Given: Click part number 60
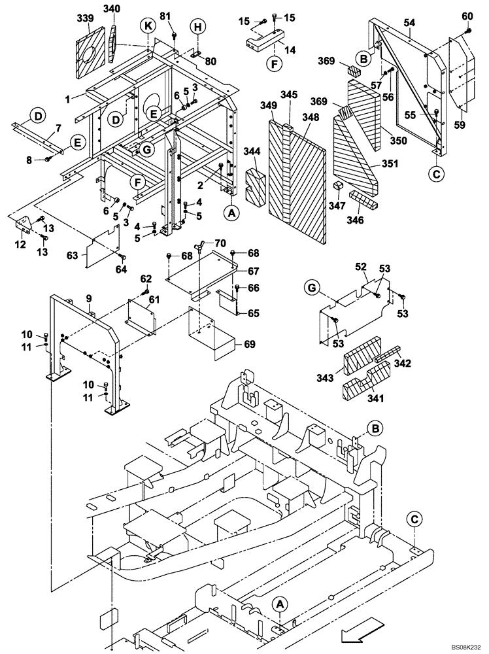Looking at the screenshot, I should click(x=467, y=16).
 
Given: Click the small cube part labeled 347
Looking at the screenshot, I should click(x=338, y=188).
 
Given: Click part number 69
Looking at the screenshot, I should click(x=248, y=344).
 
